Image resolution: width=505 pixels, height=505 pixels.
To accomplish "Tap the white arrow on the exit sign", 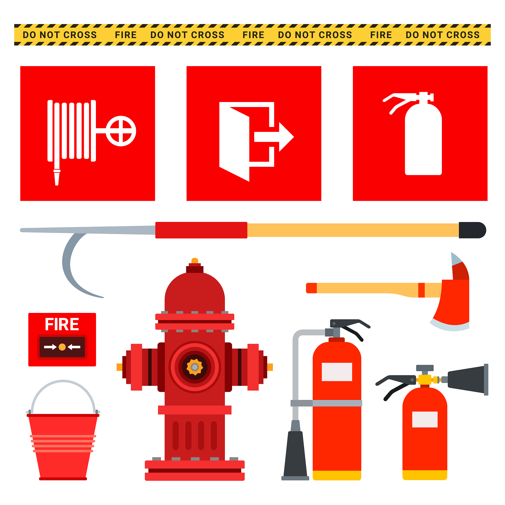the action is pyautogui.click(x=274, y=137).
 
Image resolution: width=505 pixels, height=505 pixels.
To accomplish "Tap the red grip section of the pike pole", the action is pyautogui.click(x=201, y=230).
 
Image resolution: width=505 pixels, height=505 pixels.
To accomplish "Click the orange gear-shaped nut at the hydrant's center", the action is pyautogui.click(x=195, y=367).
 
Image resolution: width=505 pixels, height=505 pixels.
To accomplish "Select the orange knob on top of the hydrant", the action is pyautogui.click(x=195, y=260).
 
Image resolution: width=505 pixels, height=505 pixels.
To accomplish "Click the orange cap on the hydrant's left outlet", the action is pyautogui.click(x=119, y=367).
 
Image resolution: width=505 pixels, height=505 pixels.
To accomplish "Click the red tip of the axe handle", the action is pyautogui.click(x=311, y=288).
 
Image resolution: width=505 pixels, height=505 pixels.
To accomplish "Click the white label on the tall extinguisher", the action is pyautogui.click(x=337, y=372).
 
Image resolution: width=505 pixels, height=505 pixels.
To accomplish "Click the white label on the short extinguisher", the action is pyautogui.click(x=425, y=419).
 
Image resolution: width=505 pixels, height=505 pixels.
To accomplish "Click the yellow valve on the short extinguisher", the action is pyautogui.click(x=425, y=380).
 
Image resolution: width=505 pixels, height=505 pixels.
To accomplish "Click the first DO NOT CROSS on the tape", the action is pyautogui.click(x=60, y=35).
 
